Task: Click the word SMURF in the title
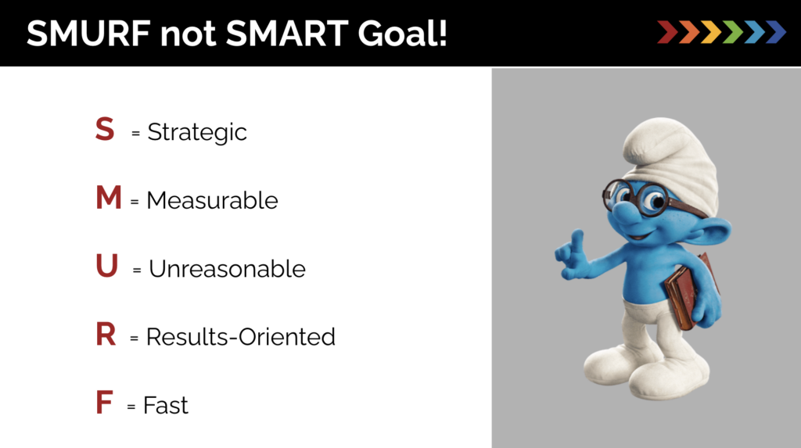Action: [88, 34]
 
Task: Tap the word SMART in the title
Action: [287, 34]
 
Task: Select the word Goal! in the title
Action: [402, 34]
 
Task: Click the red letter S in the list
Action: [105, 129]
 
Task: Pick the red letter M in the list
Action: [108, 197]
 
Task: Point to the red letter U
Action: [106, 266]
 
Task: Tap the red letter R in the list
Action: [106, 334]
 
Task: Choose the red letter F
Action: [104, 403]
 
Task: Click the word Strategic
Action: [197, 133]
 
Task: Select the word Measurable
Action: [213, 200]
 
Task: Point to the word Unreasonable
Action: [228, 269]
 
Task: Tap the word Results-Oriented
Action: [241, 337]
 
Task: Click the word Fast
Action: [166, 406]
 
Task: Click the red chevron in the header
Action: [667, 32]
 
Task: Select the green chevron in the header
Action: [732, 32]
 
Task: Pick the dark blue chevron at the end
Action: [776, 32]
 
